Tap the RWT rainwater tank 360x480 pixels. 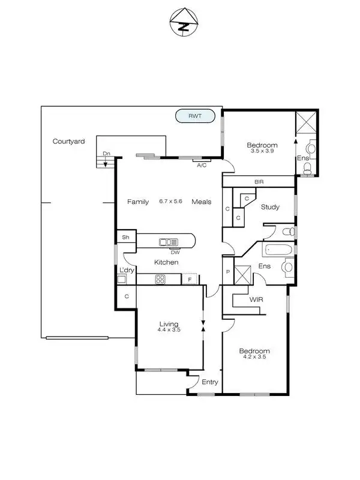[x=194, y=116]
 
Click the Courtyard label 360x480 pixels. [x=68, y=142]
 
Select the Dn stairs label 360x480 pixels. [x=106, y=154]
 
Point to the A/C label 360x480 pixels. [x=202, y=165]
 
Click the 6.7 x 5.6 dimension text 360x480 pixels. [x=170, y=202]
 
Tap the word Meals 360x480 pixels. [x=201, y=202]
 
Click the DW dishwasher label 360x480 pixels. [x=175, y=251]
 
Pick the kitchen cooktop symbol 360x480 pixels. [x=161, y=278]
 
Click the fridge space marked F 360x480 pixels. [x=190, y=279]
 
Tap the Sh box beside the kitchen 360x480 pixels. [x=125, y=238]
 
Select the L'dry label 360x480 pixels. [x=126, y=271]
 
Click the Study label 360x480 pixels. [x=270, y=207]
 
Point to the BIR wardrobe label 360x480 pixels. [x=259, y=181]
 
